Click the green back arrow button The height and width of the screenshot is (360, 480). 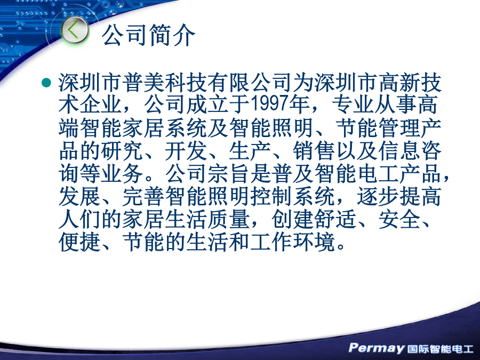click(x=74, y=30)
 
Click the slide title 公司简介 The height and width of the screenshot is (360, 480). click(x=148, y=35)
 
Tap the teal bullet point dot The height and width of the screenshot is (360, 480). click(x=46, y=83)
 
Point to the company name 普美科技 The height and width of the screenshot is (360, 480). click(x=165, y=83)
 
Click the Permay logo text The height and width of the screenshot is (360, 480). click(x=376, y=348)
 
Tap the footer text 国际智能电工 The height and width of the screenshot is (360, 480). click(x=440, y=349)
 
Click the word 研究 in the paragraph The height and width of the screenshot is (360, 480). click(x=122, y=151)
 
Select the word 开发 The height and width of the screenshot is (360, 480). click(x=186, y=151)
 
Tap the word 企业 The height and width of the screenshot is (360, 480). click(x=101, y=105)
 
